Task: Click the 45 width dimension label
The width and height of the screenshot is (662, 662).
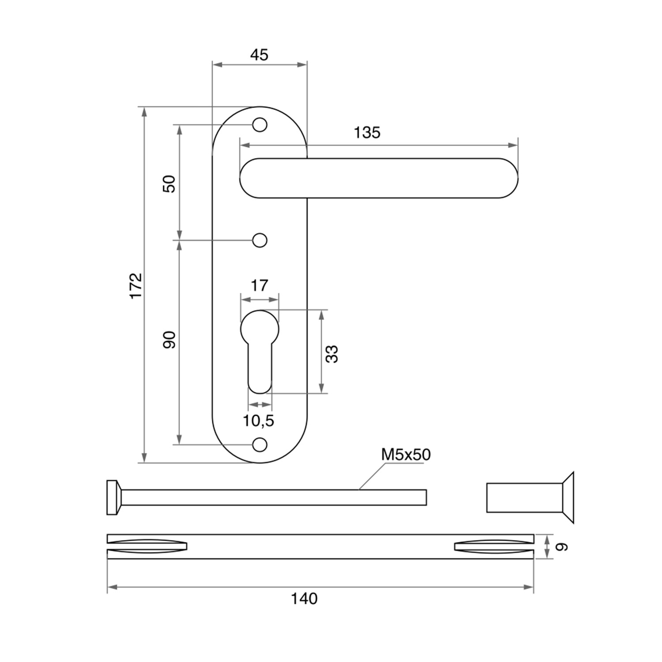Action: point(259,55)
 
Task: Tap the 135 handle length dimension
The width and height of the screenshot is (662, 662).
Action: point(367,132)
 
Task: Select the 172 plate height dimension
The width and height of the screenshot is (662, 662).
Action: point(136,286)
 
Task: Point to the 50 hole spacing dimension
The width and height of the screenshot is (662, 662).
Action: point(169,184)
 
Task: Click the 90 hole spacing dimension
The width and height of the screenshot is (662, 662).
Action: point(169,339)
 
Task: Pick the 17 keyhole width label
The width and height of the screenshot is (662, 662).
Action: point(259,286)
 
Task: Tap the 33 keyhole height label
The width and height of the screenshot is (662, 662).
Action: point(332,354)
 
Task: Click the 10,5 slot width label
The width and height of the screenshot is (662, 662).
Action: point(259,421)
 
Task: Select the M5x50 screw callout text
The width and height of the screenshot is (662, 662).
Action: point(406,455)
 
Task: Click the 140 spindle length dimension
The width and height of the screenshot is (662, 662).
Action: point(304,599)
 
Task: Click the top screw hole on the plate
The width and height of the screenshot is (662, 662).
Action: point(260,125)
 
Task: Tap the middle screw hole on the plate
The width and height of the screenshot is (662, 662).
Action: point(260,241)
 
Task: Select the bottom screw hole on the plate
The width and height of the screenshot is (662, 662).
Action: point(260,444)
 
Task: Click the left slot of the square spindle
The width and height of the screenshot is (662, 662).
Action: point(147,546)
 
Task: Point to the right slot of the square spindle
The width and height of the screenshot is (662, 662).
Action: point(494,546)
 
